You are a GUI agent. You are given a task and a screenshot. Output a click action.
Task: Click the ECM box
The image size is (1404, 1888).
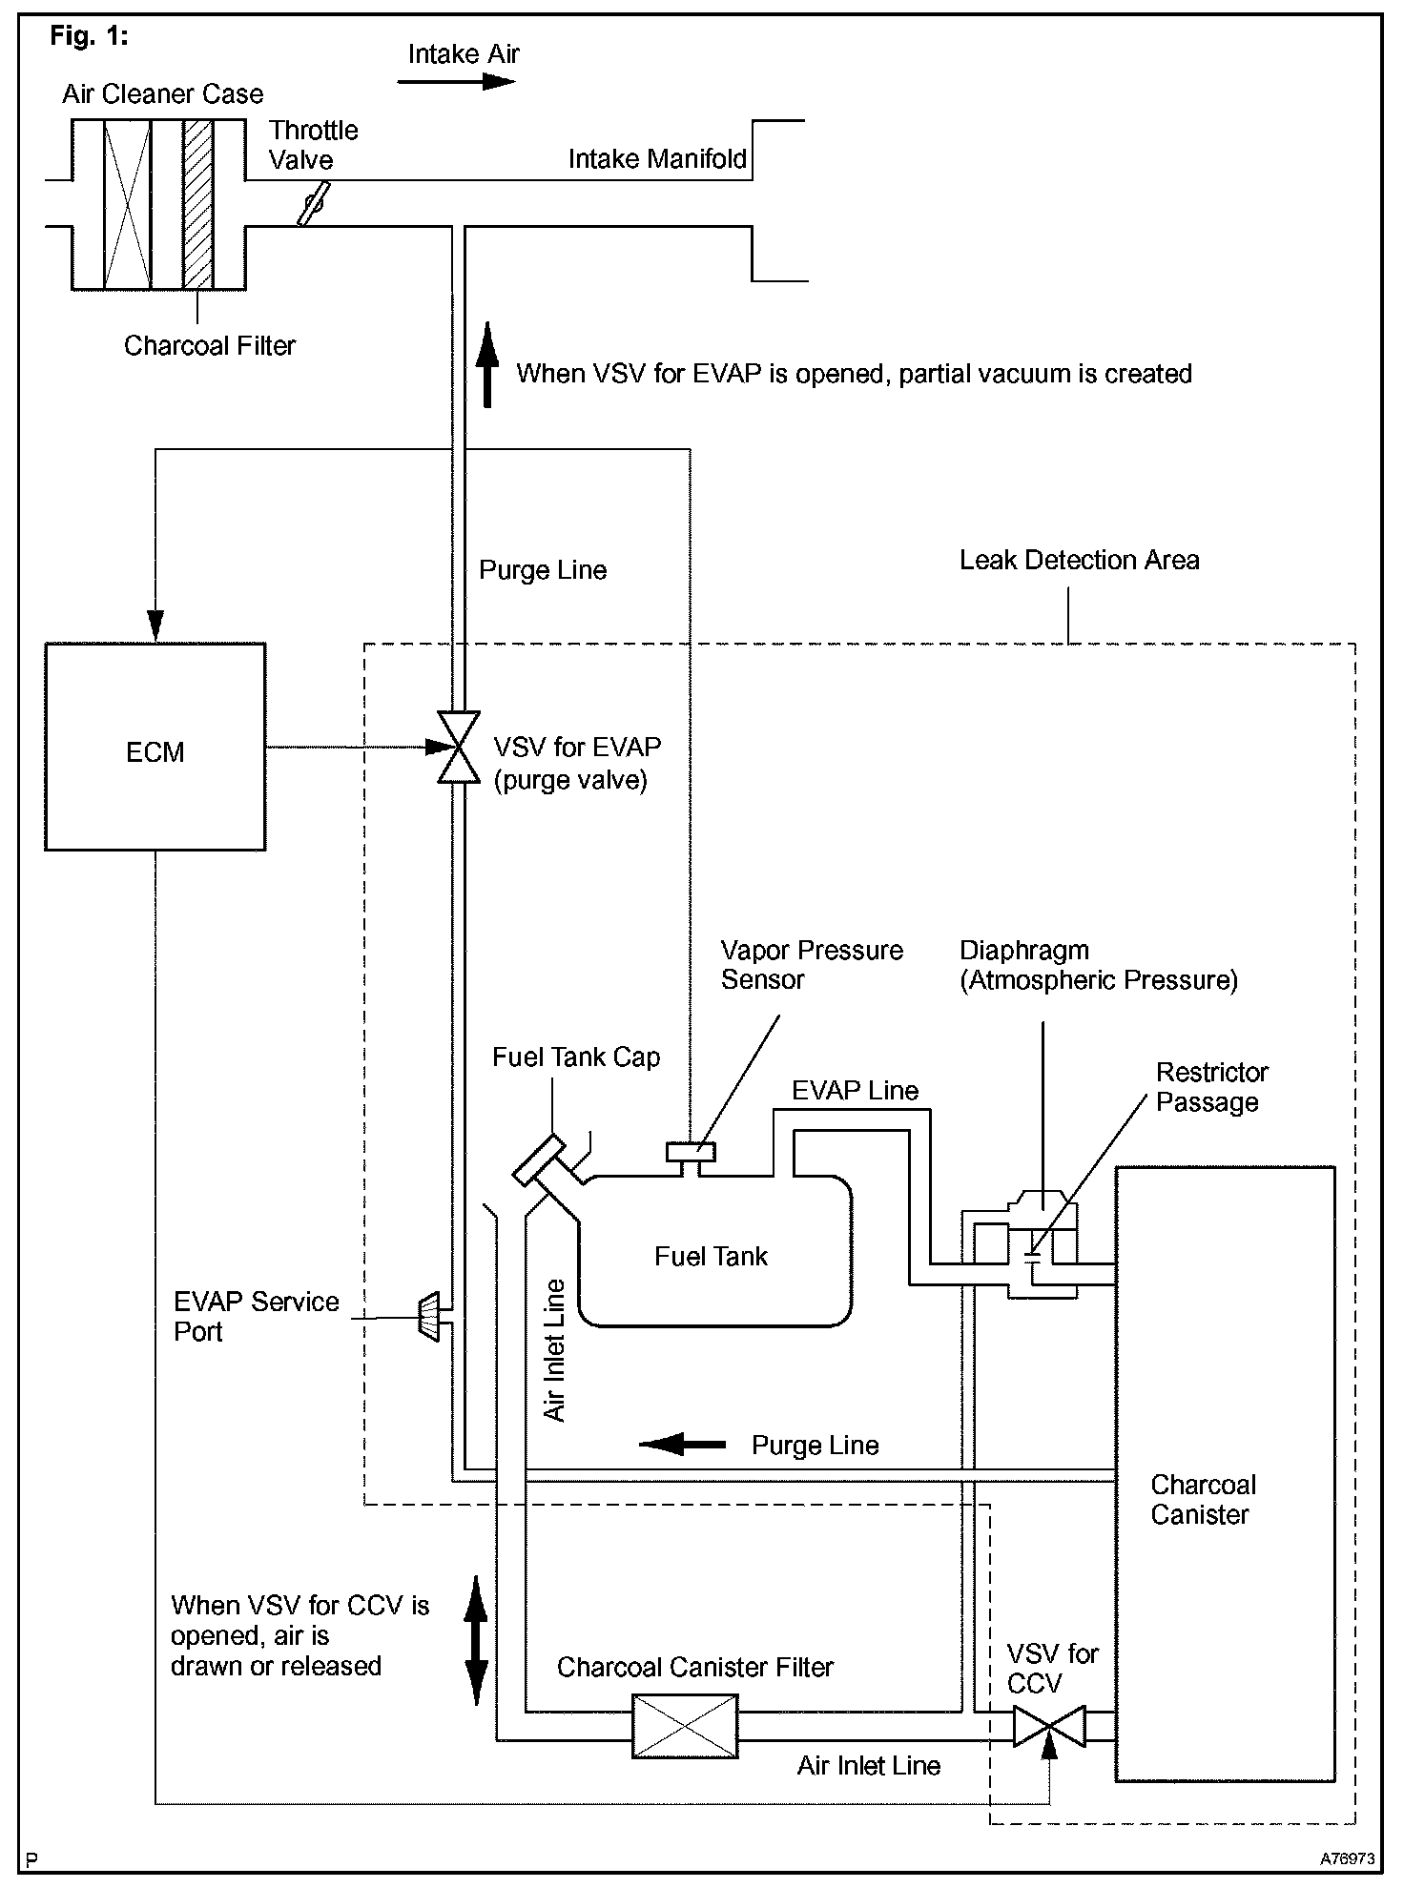[155, 747]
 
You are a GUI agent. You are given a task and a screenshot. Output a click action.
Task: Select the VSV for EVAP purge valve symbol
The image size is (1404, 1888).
[459, 747]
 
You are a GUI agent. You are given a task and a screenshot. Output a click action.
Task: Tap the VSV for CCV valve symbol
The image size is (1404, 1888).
[1048, 1726]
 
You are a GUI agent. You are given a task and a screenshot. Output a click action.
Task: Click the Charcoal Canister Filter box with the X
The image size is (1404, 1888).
[685, 1726]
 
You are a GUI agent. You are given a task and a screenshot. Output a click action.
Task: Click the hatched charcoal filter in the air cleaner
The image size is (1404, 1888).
[198, 204]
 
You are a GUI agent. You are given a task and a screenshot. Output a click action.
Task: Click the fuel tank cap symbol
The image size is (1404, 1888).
[539, 1159]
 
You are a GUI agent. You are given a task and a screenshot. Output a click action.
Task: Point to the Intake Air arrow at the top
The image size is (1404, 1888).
[456, 82]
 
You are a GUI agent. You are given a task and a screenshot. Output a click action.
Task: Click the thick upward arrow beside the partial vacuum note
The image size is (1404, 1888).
[487, 365]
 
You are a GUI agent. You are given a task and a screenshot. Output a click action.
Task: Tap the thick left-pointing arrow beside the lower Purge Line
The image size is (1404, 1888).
[681, 1445]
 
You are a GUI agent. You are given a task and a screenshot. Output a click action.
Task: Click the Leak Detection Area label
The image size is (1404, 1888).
[1079, 561]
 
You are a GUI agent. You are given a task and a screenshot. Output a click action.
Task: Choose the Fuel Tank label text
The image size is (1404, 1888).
[711, 1257]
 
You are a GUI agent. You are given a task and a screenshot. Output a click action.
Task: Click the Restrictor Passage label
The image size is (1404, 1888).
[1211, 1087]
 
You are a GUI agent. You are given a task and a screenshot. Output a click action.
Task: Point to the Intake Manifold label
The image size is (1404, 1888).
[657, 159]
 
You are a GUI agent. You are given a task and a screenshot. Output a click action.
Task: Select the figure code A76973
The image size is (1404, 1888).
[1347, 1859]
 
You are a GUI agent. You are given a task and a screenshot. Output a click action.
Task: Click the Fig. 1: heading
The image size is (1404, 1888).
[89, 36]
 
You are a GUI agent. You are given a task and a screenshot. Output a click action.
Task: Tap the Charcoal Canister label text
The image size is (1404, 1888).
[1203, 1499]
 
